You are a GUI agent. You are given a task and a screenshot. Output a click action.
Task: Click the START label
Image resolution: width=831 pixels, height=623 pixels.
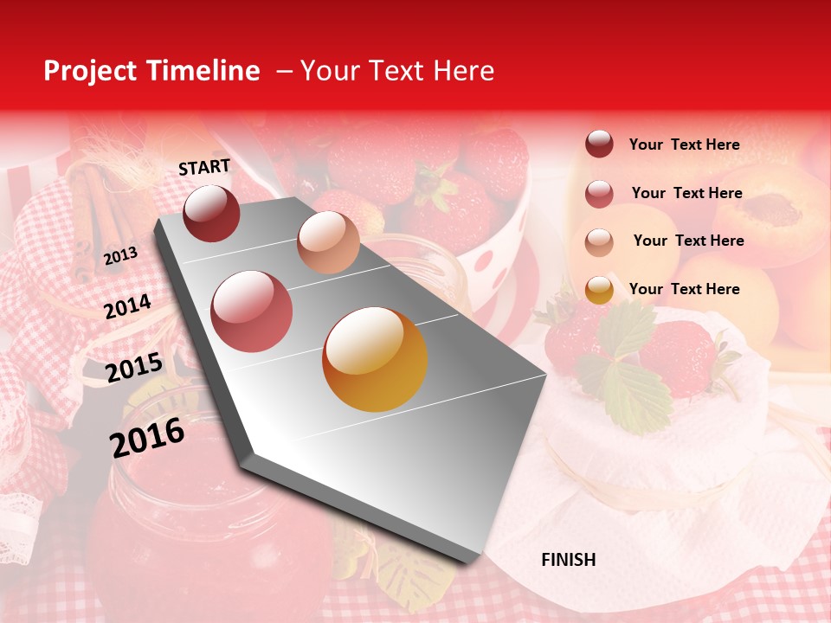point(204,167)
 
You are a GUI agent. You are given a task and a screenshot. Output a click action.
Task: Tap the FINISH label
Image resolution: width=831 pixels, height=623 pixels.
point(569,560)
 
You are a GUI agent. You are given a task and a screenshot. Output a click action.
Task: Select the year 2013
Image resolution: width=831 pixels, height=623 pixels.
point(120,256)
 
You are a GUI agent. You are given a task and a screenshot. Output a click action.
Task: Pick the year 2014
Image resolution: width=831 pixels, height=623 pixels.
point(127,306)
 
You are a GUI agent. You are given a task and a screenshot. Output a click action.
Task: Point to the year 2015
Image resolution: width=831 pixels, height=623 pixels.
point(134,368)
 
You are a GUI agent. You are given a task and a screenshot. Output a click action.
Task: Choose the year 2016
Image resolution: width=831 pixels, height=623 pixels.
point(147,437)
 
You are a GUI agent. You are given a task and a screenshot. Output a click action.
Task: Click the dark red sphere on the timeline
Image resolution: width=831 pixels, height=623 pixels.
point(211,213)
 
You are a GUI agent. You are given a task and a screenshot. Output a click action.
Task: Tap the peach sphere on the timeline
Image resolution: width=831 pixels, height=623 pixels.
point(328,241)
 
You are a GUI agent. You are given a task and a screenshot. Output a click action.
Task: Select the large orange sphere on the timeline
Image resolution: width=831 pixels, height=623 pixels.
point(375,358)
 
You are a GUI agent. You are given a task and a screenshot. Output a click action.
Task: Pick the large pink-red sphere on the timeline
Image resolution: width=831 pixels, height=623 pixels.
point(252,311)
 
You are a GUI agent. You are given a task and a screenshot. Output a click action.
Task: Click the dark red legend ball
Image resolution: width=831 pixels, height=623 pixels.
point(599,144)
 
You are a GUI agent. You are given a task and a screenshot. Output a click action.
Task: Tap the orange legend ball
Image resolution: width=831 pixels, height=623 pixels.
point(599,289)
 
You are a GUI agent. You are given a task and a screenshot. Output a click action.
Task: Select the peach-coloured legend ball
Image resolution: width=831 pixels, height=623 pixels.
point(599,241)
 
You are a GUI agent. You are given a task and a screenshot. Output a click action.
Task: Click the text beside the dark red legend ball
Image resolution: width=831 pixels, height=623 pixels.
point(684,145)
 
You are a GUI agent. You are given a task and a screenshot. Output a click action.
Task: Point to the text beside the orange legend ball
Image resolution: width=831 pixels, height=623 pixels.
point(684,289)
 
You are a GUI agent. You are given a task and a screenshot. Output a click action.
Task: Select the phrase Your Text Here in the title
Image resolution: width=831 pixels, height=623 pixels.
point(396,71)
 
